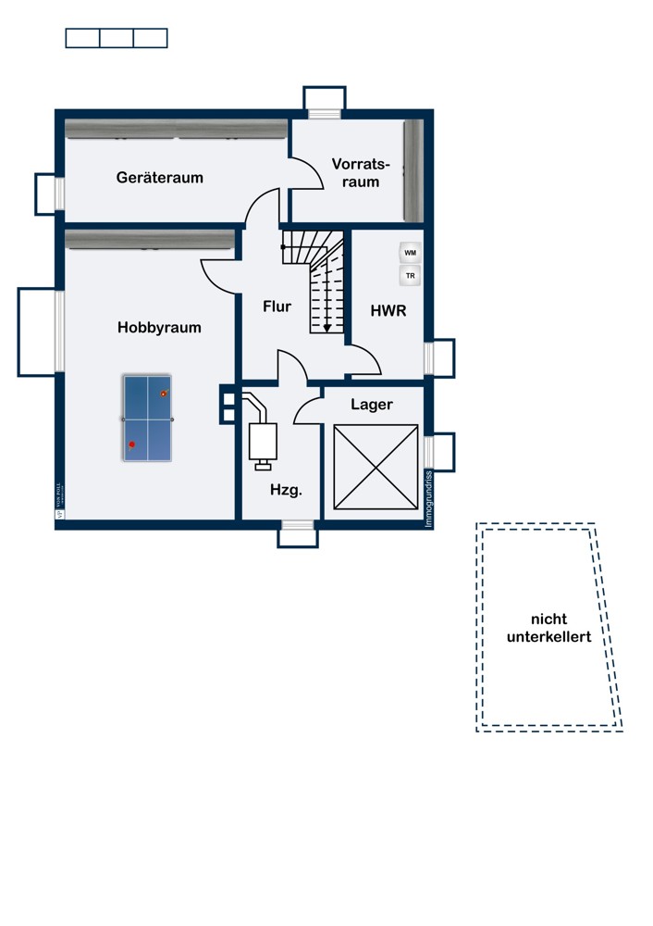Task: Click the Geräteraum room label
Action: [x=160, y=177]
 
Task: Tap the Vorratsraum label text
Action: [x=361, y=173]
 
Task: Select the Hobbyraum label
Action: [x=159, y=327]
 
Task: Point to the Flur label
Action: [x=277, y=306]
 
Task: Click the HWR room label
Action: [x=388, y=311]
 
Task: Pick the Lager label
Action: [x=372, y=405]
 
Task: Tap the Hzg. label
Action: [x=286, y=491]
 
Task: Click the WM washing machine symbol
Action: [x=410, y=253]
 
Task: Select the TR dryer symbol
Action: [x=410, y=276]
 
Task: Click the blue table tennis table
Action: [x=147, y=419]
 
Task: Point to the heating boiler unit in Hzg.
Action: [x=264, y=440]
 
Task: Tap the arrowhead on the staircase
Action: [x=326, y=327]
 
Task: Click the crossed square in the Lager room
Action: [x=376, y=467]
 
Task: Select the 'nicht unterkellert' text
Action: [x=548, y=628]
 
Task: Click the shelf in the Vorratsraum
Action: [x=413, y=170]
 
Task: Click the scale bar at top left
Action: [x=117, y=38]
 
